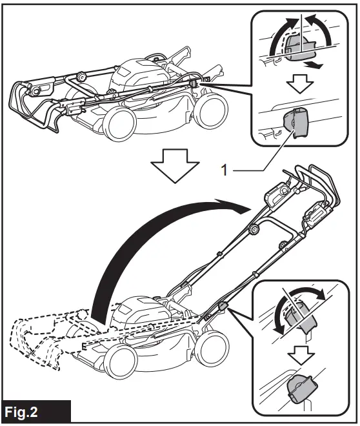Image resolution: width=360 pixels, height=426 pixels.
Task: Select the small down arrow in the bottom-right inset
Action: [301, 352]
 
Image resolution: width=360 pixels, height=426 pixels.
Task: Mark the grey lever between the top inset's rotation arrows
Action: [297, 48]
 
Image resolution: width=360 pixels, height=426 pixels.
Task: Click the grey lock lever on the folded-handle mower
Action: [194, 83]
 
